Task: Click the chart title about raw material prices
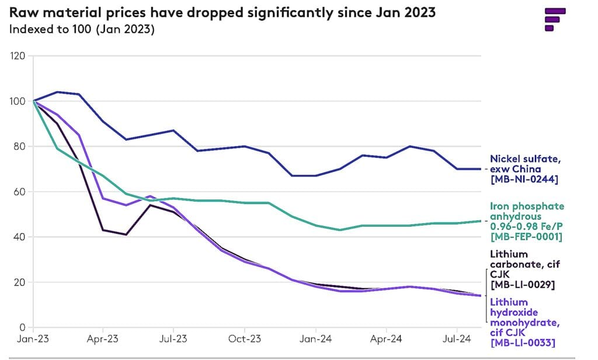[x=222, y=12]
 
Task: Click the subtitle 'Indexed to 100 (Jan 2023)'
[x=82, y=29]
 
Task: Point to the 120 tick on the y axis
[x=18, y=56]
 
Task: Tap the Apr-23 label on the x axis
[x=103, y=338]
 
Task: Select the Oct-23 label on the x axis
[x=245, y=338]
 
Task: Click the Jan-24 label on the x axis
[x=316, y=338]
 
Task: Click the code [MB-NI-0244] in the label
[x=524, y=179]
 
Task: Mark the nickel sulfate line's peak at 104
[x=57, y=92]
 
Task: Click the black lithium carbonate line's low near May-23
[x=126, y=234]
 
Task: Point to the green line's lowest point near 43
[x=339, y=230]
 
